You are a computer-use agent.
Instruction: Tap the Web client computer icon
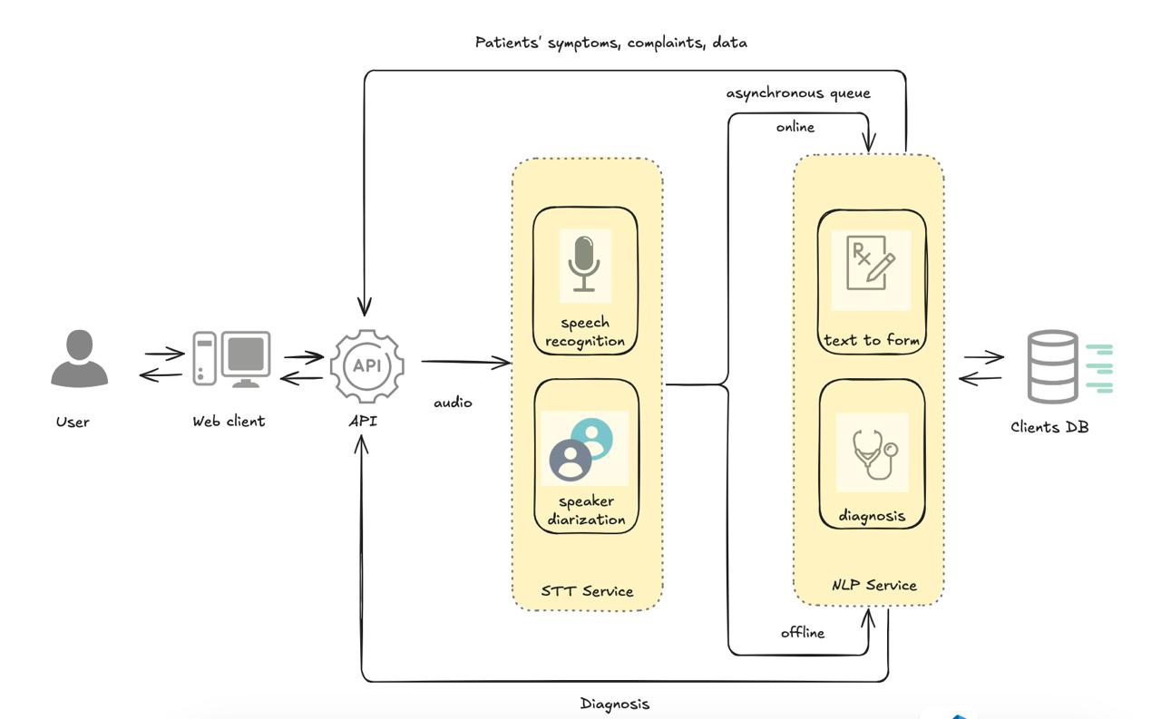(231, 359)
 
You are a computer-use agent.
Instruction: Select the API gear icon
(367, 365)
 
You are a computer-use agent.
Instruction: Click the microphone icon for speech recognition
(585, 265)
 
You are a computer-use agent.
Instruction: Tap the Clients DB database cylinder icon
(1054, 366)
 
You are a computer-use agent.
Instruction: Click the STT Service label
(587, 591)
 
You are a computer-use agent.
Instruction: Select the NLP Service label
(874, 585)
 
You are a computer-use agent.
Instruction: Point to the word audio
(453, 403)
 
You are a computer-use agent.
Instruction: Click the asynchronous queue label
(798, 93)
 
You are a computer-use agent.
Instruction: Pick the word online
(795, 127)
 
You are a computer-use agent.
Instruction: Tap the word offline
(803, 633)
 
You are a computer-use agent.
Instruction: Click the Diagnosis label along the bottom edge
(615, 704)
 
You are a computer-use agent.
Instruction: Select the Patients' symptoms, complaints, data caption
(611, 43)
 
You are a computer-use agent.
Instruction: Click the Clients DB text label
(1049, 426)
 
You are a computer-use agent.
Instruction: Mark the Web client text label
(229, 421)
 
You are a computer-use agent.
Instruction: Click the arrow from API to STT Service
(465, 363)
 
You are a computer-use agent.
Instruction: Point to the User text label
(73, 422)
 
